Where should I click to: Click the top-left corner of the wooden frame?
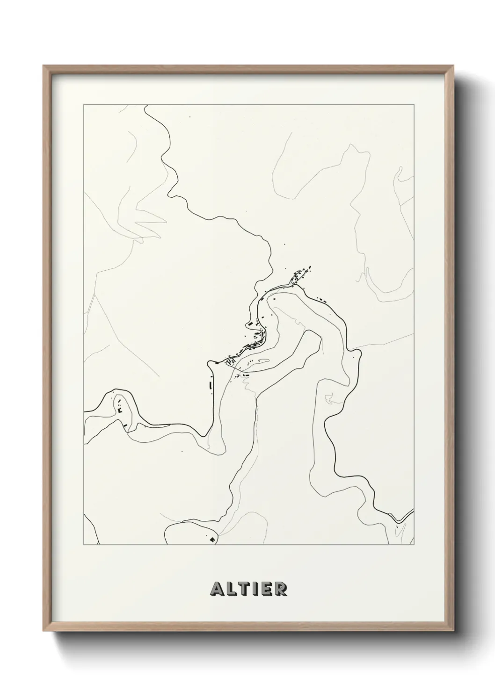[x=44, y=66]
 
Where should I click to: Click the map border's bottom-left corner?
[x=84, y=545]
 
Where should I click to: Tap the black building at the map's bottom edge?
[x=213, y=539]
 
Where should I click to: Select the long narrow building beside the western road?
[x=211, y=386]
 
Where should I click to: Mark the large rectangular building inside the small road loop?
[x=262, y=360]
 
